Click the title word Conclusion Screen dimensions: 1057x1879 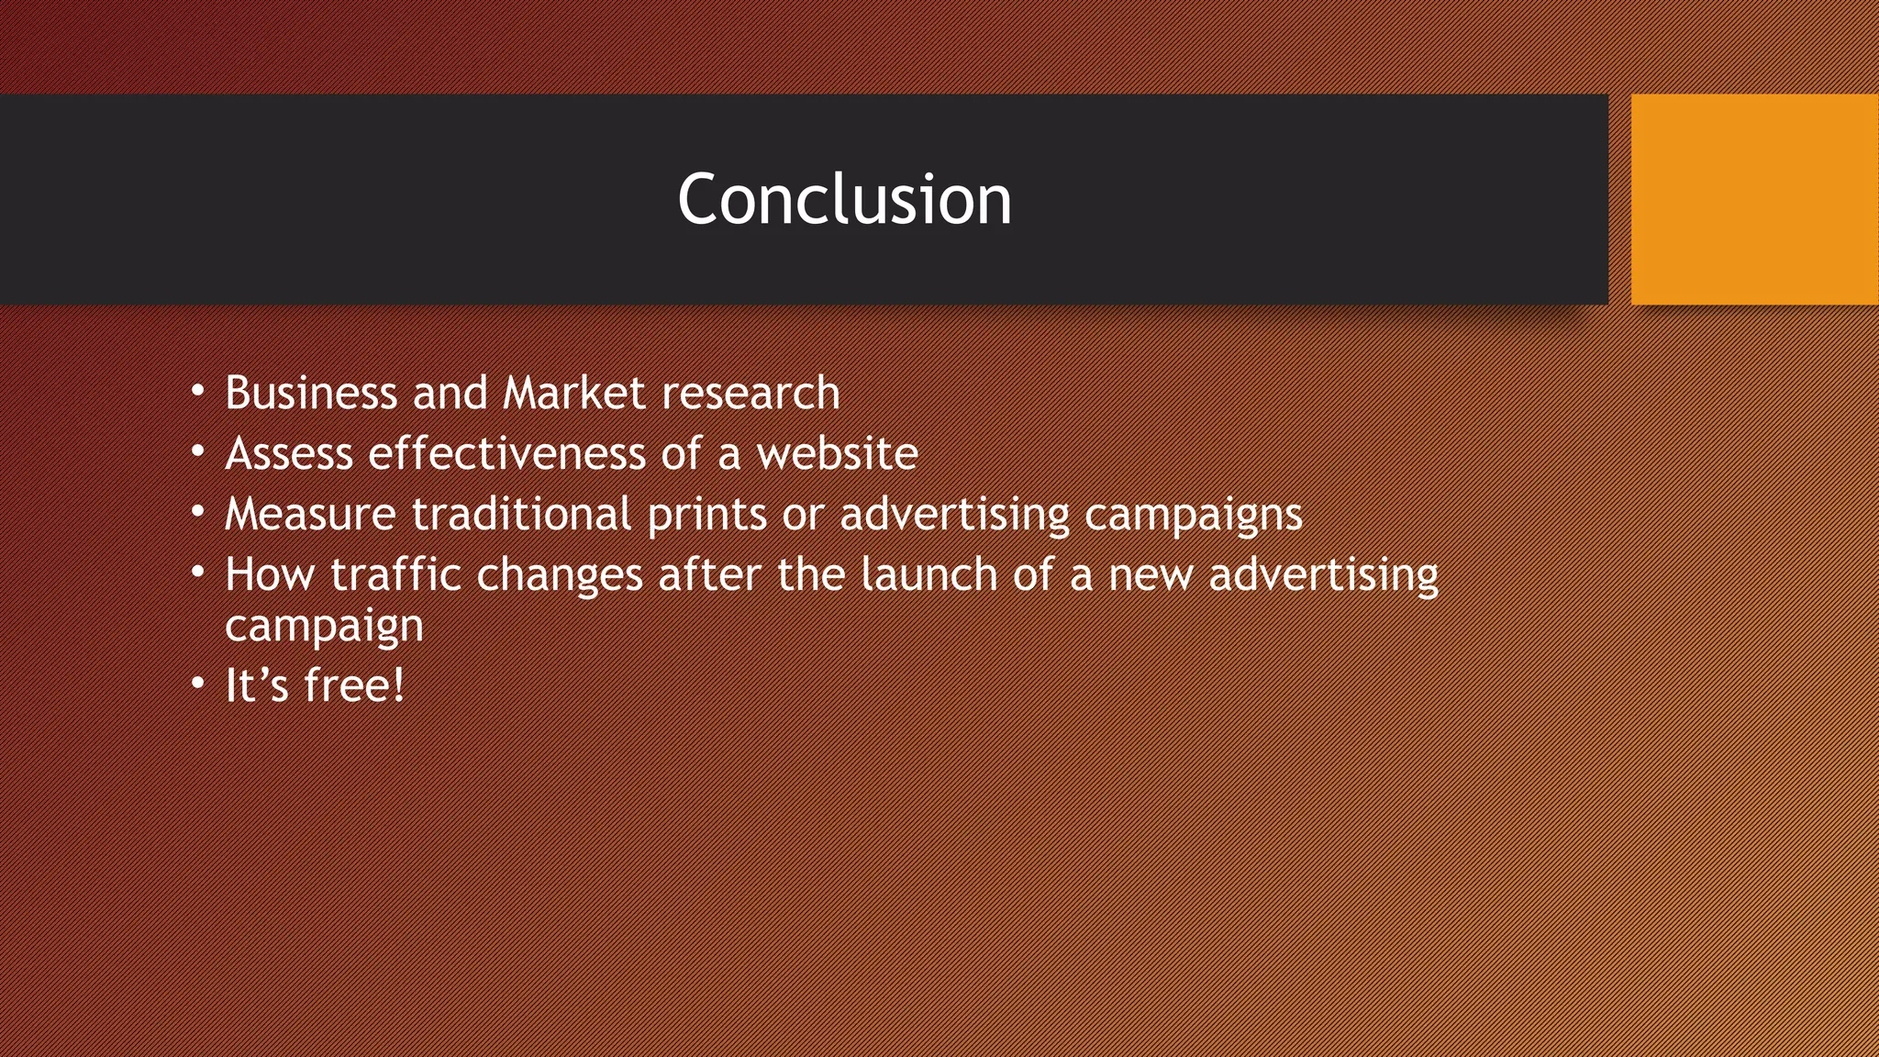(x=844, y=199)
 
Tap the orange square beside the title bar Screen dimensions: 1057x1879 (x=1754, y=199)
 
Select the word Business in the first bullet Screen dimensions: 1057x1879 (x=311, y=393)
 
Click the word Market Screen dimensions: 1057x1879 (x=574, y=393)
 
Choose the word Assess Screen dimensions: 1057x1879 (x=289, y=453)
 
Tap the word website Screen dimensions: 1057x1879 (x=837, y=453)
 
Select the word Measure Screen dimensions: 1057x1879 (x=310, y=514)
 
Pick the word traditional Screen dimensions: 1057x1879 (x=521, y=514)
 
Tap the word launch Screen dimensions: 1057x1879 (x=928, y=574)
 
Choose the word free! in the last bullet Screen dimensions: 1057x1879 (x=354, y=684)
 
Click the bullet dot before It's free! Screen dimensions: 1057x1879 (x=198, y=684)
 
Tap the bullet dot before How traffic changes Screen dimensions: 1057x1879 (x=198, y=573)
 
